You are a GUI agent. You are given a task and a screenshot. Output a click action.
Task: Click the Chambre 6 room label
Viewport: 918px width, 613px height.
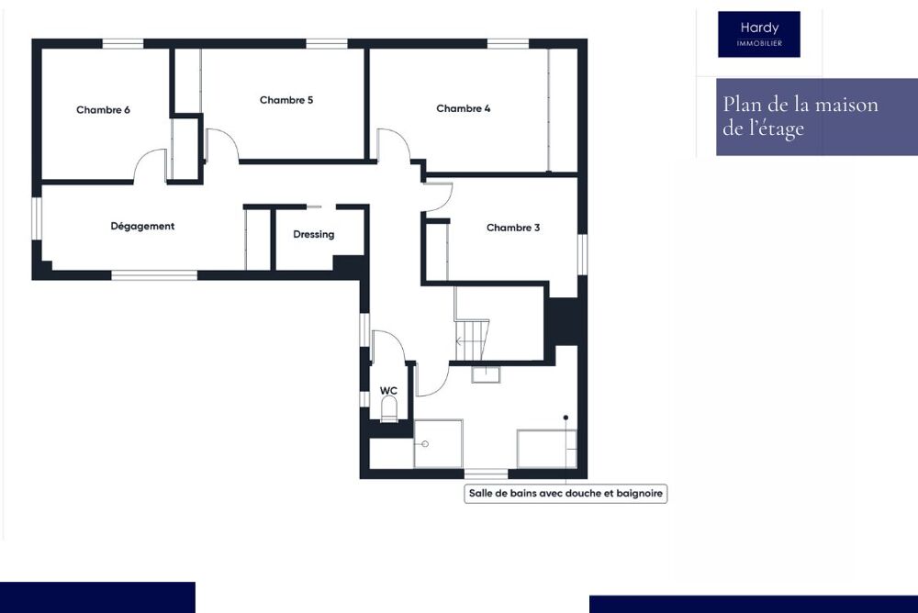[103, 110]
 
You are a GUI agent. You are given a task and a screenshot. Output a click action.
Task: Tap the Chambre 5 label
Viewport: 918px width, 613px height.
[286, 100]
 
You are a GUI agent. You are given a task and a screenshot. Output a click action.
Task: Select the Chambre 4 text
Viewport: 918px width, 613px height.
[463, 108]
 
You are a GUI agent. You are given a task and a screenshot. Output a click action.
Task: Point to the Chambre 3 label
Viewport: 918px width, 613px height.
[513, 228]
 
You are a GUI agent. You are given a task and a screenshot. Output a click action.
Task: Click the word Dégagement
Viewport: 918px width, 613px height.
[142, 226]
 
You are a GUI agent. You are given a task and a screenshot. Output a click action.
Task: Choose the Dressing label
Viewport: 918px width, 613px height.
[314, 234]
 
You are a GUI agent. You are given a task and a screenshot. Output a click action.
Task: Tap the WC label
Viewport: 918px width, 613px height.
[388, 391]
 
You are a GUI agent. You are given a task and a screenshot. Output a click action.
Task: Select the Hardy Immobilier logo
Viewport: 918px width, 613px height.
[758, 34]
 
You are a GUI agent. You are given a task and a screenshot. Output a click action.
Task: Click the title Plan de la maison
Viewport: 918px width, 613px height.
[800, 105]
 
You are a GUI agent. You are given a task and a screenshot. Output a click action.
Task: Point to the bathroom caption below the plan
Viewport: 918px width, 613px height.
[566, 494]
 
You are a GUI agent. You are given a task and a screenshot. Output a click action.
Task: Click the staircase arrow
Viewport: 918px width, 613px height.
[462, 340]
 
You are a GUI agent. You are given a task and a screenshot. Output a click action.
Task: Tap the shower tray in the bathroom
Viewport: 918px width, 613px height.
[438, 444]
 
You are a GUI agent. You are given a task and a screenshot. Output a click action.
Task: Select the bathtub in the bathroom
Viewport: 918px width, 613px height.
[547, 448]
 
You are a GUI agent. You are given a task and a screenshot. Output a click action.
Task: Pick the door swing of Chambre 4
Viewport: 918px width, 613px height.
[393, 145]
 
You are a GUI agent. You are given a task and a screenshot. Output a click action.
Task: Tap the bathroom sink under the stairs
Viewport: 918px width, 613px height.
[485, 373]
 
